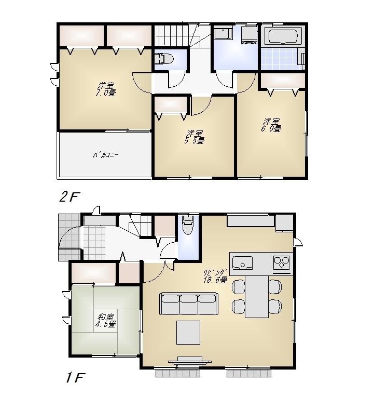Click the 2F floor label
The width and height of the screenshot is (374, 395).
tap(68, 197)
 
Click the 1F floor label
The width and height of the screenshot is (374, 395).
tap(75, 378)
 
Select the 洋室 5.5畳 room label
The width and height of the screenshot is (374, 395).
tap(195, 136)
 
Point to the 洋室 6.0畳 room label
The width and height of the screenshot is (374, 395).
tap(271, 124)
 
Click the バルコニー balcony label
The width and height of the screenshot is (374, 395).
tap(106, 154)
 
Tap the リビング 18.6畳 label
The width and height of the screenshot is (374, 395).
tap(215, 276)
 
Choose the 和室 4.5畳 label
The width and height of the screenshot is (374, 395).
tap(105, 320)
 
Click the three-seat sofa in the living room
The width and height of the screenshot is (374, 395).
tap(188, 304)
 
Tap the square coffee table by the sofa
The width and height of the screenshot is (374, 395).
tap(188, 333)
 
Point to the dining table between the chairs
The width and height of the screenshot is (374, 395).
tap(256, 296)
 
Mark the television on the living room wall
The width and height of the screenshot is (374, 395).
tap(188, 360)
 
